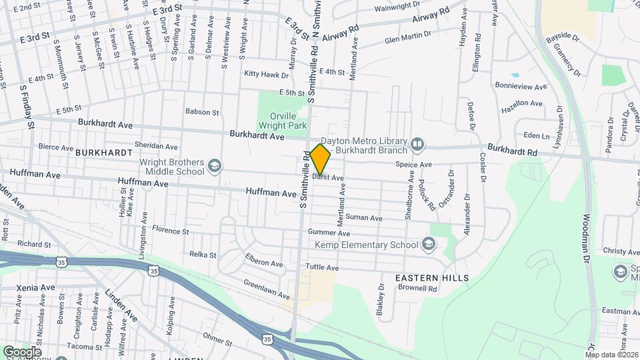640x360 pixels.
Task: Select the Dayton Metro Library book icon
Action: pos(417,144)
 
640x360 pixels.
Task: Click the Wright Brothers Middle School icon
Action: pos(214,165)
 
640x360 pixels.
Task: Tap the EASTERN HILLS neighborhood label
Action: pos(431,277)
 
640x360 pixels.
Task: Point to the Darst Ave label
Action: pos(328,178)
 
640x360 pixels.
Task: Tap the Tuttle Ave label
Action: pos(322,267)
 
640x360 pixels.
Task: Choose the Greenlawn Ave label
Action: pos(267,289)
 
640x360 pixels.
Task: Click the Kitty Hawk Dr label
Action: pos(266,74)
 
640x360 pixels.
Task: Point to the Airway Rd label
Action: pos(341,34)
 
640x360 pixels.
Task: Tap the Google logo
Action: pos(22,351)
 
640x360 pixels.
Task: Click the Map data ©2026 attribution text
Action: pos(611,355)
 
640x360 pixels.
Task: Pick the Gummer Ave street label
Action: pos(334,234)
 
